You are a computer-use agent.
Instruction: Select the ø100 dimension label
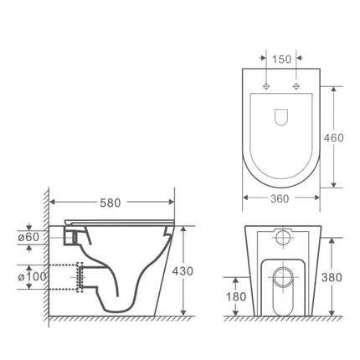[36, 276]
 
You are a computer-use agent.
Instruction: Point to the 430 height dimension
[193, 271]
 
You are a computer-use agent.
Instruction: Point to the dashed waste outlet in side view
[70, 277]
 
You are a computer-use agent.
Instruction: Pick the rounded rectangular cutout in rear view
[281, 285]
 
